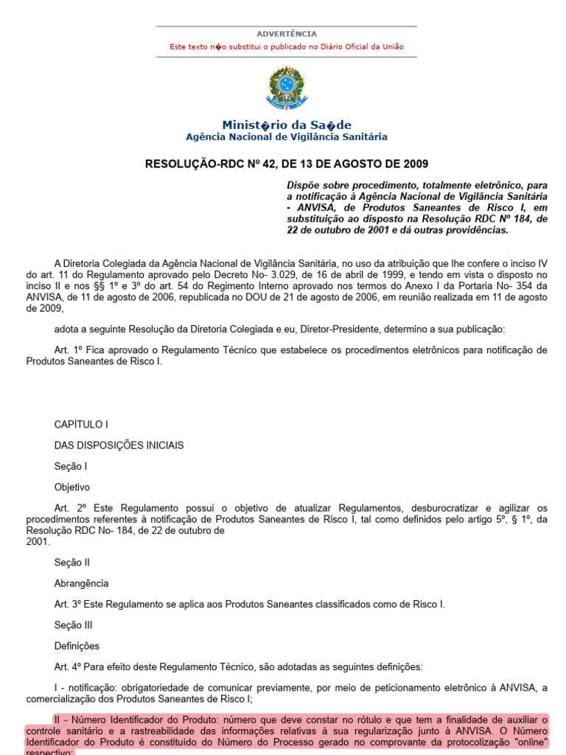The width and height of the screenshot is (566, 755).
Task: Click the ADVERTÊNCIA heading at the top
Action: (x=287, y=34)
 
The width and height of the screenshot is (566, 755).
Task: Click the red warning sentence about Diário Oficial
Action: (x=287, y=46)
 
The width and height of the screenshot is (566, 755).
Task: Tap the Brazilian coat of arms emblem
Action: (x=286, y=88)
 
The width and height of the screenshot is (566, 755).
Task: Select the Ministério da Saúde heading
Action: (x=287, y=125)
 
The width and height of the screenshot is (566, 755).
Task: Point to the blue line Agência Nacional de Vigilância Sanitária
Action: (x=287, y=137)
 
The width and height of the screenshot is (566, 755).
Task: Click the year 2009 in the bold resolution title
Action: (x=413, y=164)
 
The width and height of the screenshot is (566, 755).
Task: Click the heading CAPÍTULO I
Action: (x=81, y=425)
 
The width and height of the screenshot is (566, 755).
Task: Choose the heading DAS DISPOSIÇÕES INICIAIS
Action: (x=119, y=445)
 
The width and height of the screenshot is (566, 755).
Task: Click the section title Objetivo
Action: (x=71, y=487)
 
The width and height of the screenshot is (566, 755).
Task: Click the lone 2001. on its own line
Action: (x=38, y=541)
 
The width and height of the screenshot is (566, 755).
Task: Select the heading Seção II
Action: (x=71, y=563)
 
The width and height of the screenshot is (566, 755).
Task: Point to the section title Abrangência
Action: (x=81, y=583)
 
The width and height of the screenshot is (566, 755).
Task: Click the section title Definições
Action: (x=77, y=647)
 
